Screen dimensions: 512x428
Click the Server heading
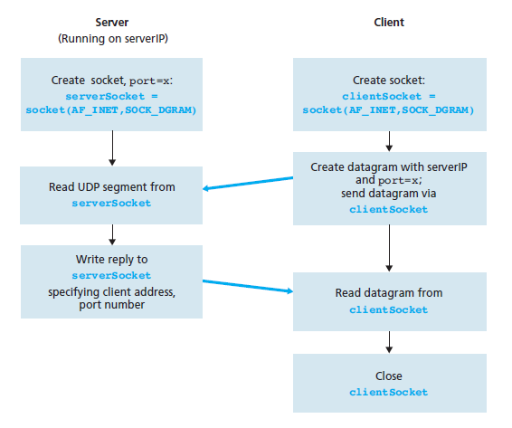pyautogui.click(x=111, y=23)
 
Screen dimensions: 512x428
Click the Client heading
pyautogui.click(x=389, y=23)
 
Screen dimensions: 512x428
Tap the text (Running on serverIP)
pyautogui.click(x=113, y=39)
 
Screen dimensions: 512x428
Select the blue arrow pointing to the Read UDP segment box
pyautogui.click(x=248, y=184)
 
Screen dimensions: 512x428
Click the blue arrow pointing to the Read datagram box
pyautogui.click(x=248, y=286)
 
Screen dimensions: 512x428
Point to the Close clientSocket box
pyautogui.click(x=390, y=383)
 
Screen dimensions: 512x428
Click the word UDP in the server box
pyautogui.click(x=87, y=187)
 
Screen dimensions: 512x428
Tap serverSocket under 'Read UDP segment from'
pyautogui.click(x=111, y=204)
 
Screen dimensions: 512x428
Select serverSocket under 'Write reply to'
pyautogui.click(x=111, y=275)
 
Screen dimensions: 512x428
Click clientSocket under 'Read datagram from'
pyautogui.click(x=389, y=309)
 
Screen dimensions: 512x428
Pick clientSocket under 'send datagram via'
pyautogui.click(x=389, y=209)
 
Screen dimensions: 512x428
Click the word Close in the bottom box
pyautogui.click(x=389, y=376)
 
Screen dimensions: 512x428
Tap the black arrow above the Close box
pyautogui.click(x=389, y=342)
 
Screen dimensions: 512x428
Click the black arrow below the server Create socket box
pyautogui.click(x=112, y=148)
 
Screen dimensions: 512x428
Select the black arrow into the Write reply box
pyautogui.click(x=112, y=234)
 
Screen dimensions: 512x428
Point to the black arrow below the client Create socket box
pyautogui.click(x=389, y=141)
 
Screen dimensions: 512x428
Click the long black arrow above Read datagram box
pyautogui.click(x=389, y=248)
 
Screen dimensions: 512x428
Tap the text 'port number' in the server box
pyautogui.click(x=111, y=305)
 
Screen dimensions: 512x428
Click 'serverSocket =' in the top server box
pyautogui.click(x=111, y=97)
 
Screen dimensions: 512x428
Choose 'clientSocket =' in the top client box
pyautogui.click(x=389, y=97)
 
